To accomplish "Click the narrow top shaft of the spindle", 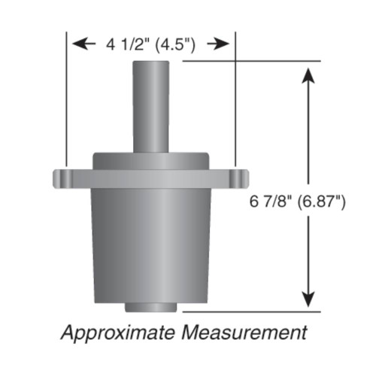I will tap(150, 105).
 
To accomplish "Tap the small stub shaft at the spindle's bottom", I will tap(150, 307).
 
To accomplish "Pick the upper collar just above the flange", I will tap(150, 161).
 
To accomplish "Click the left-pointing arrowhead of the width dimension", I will tap(79, 44).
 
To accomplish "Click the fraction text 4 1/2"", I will tap(123, 44).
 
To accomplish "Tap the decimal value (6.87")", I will tap(319, 202).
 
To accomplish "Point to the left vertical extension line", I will tap(66, 98).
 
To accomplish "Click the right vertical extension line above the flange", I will tap(235, 98).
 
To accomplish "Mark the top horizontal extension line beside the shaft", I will tap(248, 60).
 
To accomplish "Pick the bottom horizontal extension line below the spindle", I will tap(248, 311).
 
